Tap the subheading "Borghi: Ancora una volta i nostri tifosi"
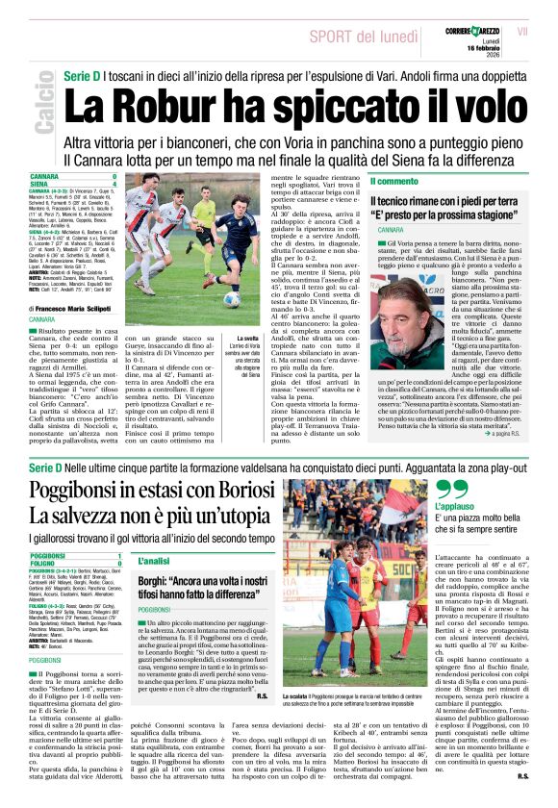[x=202, y=589]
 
